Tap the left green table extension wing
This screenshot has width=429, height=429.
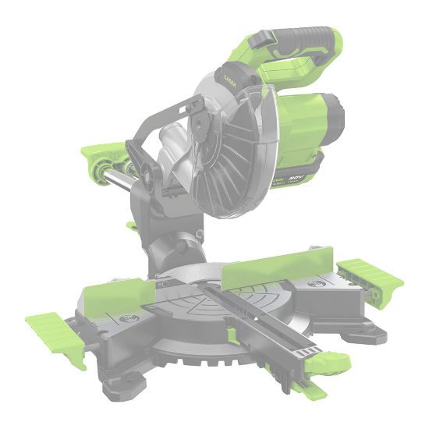click(x=50, y=328)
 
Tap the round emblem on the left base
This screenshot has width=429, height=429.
click(x=127, y=319)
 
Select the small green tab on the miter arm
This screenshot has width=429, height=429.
click(x=231, y=333)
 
